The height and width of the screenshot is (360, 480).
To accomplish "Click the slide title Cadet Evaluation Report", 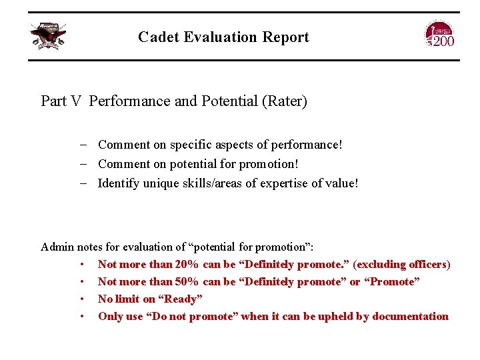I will pyautogui.click(x=223, y=37).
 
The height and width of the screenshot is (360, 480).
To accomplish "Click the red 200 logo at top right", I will pyautogui.click(x=439, y=35).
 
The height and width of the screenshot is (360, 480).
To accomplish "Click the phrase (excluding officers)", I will pyautogui.click(x=401, y=265).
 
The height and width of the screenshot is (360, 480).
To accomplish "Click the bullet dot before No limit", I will pyautogui.click(x=82, y=299).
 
